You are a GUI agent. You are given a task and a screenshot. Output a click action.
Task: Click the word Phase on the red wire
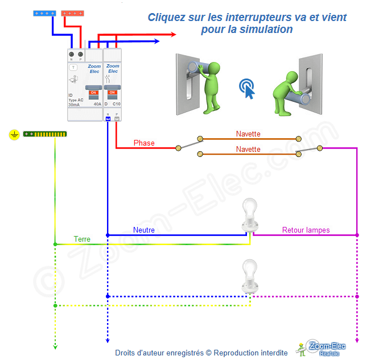(144, 143)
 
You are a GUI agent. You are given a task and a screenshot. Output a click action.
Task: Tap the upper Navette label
(248, 134)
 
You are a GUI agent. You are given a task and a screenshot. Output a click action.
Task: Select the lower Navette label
(248, 149)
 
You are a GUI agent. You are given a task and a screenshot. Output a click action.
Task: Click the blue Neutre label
(144, 230)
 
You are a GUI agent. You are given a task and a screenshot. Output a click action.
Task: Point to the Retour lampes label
(306, 230)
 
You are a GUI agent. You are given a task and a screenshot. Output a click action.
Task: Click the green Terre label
(82, 239)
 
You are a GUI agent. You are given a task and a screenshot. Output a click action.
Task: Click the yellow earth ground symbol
(14, 135)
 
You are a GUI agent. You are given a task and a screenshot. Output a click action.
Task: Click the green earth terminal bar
(45, 134)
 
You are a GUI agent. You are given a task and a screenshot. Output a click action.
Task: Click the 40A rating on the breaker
(97, 104)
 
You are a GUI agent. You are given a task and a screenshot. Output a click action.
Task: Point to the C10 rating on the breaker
(116, 104)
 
